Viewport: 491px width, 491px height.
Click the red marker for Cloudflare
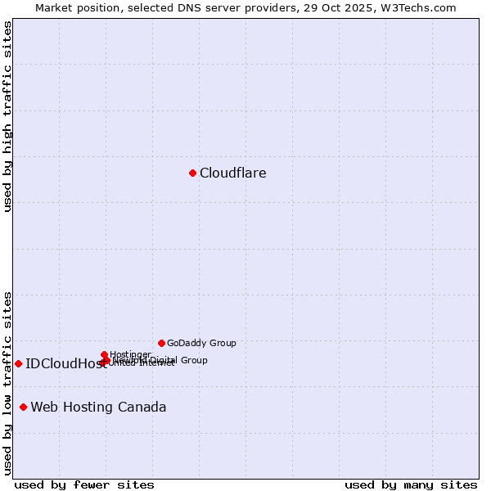(192, 173)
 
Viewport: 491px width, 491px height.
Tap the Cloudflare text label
(233, 173)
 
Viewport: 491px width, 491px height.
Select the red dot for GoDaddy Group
(161, 343)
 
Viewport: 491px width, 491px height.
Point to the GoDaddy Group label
(201, 343)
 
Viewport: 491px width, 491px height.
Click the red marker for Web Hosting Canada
(23, 407)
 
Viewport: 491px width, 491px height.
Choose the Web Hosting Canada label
(98, 407)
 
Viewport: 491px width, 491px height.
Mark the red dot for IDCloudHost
(18, 363)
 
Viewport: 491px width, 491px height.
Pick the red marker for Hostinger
(104, 354)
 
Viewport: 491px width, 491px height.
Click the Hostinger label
(130, 354)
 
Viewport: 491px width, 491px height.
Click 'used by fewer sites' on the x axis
(84, 484)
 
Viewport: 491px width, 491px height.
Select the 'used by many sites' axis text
(411, 484)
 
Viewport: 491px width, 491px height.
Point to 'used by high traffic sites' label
(7, 116)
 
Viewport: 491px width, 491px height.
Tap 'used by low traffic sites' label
(7, 383)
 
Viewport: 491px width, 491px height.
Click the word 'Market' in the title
(54, 7)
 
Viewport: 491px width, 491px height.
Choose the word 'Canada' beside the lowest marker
(143, 407)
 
